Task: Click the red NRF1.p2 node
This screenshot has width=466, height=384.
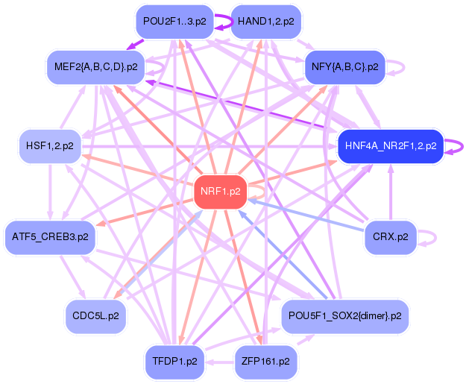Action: click(220, 192)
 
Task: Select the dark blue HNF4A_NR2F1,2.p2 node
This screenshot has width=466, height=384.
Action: click(391, 146)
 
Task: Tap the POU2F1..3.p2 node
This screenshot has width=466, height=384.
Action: click(174, 22)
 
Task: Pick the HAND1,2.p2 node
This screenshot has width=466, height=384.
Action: click(266, 22)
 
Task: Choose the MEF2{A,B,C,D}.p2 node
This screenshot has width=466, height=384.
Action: click(95, 67)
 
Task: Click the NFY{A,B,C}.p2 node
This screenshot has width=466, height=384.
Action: click(344, 67)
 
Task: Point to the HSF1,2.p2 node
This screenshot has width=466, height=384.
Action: click(50, 146)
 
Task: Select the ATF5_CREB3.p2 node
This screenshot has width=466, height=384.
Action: click(50, 237)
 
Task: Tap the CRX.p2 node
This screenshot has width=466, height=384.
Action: click(391, 237)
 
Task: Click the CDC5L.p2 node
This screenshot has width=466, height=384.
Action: click(95, 316)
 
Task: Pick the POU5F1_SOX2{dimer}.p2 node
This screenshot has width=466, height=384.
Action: click(344, 316)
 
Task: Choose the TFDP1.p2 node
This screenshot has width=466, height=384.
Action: click(174, 362)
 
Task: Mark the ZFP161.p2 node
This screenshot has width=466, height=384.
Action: click(266, 362)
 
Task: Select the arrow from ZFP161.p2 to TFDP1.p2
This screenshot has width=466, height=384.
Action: click(220, 362)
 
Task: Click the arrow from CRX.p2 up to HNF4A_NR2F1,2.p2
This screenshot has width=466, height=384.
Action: click(391, 192)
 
